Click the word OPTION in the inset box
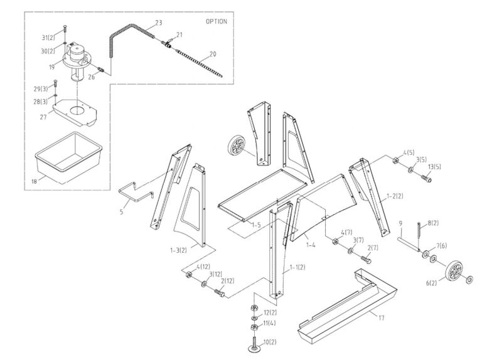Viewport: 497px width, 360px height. point(216,21)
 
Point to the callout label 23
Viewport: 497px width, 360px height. point(158,23)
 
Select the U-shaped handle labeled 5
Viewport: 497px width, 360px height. point(134,191)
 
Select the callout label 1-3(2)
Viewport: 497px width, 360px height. point(179,250)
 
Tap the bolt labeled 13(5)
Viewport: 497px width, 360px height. point(426,178)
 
